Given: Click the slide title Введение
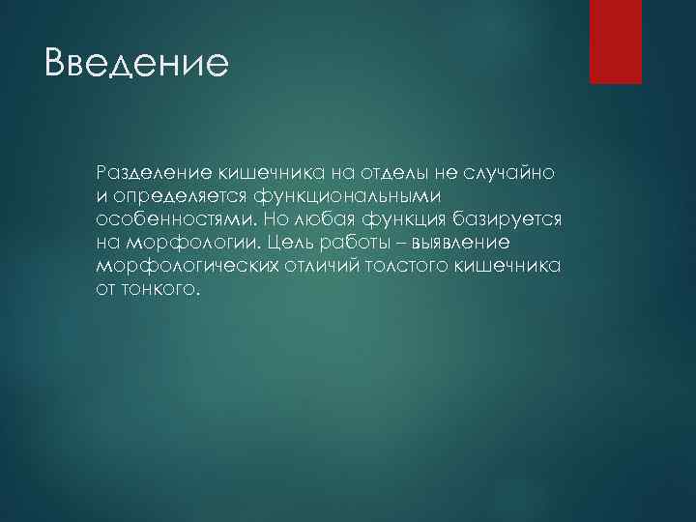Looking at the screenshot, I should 136,64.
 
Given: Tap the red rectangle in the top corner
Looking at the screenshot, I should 616,41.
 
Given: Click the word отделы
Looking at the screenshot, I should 367,172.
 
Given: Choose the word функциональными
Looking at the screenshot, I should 348,196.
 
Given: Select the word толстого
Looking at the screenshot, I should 405,266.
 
